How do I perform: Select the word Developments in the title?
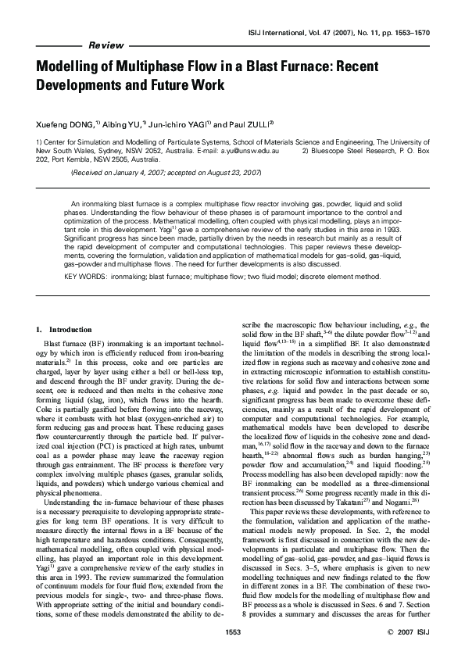click(x=82, y=84)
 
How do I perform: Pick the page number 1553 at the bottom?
click(x=232, y=630)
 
